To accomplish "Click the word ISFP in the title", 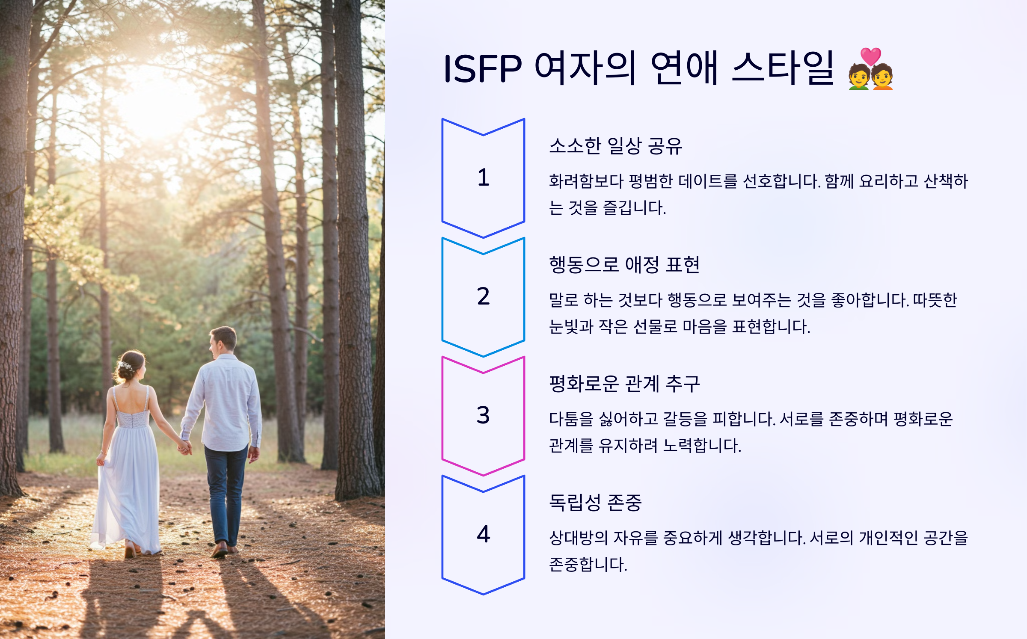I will pyautogui.click(x=482, y=68).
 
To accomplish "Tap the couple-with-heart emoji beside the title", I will pyautogui.click(x=870, y=69).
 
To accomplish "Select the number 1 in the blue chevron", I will pyautogui.click(x=483, y=177).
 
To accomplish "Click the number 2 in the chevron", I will pyautogui.click(x=483, y=296).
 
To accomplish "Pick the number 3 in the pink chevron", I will pyautogui.click(x=483, y=415).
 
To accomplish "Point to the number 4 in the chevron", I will pyautogui.click(x=483, y=534).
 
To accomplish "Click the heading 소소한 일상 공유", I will pyautogui.click(x=615, y=146).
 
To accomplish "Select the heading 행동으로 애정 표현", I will pyautogui.click(x=624, y=265).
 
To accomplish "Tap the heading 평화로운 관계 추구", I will pyautogui.click(x=624, y=384).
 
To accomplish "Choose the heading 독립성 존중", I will pyautogui.click(x=595, y=503).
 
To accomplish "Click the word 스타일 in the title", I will pyautogui.click(x=783, y=68).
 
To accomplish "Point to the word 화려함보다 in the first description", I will pyautogui.click(x=586, y=181).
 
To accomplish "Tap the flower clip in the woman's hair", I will pyautogui.click(x=126, y=366).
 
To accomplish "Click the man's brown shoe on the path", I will pyautogui.click(x=220, y=550).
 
